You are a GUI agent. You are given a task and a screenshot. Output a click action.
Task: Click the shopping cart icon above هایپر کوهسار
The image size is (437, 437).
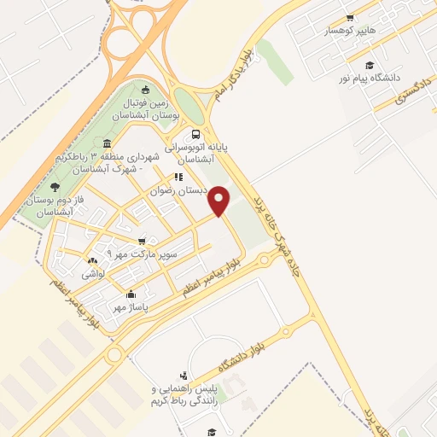point(349,18)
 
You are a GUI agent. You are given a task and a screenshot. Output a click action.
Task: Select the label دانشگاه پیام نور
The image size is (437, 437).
point(369,78)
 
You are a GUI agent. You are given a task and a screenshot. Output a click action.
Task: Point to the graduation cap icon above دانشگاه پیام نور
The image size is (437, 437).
point(370,65)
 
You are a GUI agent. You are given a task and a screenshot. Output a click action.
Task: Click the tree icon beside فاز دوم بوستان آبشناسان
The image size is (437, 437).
point(55,187)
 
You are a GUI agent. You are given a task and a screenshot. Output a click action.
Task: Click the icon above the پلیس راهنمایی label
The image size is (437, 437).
point(184,376)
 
